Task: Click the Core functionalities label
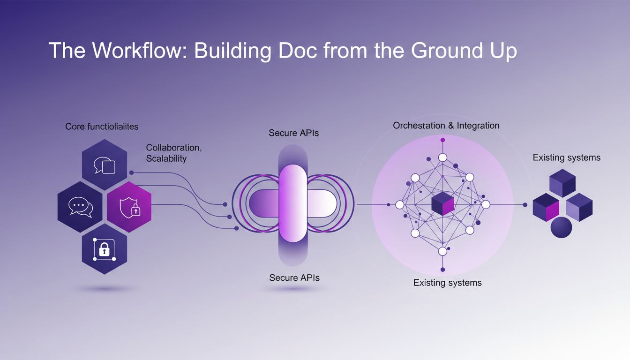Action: coord(102,127)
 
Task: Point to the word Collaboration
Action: coord(174,148)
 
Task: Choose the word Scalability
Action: coord(166,158)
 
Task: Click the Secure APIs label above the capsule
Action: coord(294,133)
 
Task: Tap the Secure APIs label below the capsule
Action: coord(294,278)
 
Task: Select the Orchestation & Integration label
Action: coord(446,126)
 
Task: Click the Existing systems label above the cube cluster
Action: coord(566,157)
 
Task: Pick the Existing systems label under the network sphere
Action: coord(448,283)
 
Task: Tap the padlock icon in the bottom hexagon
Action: coord(104,249)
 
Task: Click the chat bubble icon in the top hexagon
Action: coord(105,165)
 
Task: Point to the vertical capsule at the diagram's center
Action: coord(293,203)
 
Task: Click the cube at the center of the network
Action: coord(442,204)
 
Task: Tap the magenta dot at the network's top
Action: coord(442,140)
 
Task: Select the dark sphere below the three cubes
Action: coord(561,227)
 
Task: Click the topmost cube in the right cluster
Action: coord(562,182)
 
